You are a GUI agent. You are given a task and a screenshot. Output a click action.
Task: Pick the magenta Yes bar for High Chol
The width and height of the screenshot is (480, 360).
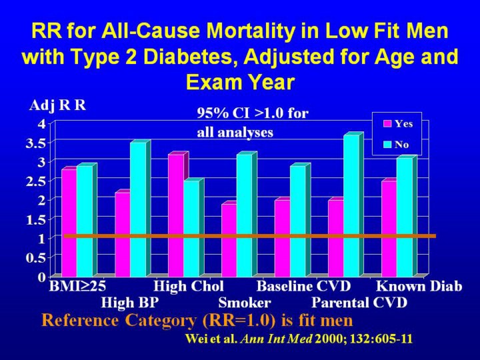[175, 215]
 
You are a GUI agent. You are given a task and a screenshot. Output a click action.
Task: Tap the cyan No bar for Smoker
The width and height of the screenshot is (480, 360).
[244, 215]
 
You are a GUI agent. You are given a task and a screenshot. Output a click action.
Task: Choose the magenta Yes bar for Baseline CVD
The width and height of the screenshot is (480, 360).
[282, 237]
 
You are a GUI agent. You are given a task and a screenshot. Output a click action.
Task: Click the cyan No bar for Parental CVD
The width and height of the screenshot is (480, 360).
[351, 205]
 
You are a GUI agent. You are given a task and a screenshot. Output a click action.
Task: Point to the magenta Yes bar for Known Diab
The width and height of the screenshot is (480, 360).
[389, 228]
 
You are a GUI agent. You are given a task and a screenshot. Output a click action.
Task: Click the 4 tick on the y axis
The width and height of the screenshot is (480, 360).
[43, 123]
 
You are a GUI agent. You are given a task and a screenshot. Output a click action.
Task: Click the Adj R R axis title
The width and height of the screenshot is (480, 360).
[57, 105]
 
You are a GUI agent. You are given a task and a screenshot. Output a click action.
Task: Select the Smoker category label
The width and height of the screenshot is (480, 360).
[244, 303]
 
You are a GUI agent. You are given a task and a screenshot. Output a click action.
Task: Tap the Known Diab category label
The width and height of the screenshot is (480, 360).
[419, 287]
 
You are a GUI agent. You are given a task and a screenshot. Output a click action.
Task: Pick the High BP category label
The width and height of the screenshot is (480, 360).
[129, 303]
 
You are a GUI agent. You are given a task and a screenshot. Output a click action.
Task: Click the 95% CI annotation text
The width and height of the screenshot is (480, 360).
[253, 123]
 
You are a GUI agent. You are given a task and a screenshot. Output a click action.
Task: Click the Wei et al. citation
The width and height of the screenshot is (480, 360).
[298, 339]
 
